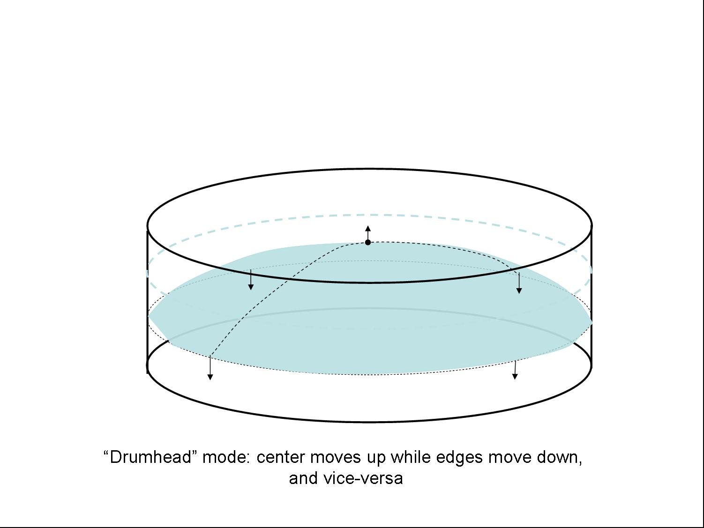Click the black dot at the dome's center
368,242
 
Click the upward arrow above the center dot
368,233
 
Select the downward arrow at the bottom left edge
210,367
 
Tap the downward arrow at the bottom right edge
515,370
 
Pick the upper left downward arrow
251,280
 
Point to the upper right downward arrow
519,283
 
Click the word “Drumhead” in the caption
150,457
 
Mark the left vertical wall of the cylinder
148,300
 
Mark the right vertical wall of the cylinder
591,297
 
